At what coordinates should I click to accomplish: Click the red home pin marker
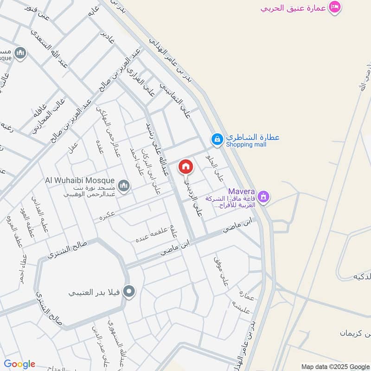pyautogui.click(x=185, y=167)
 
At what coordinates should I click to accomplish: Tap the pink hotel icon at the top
pyautogui.click(x=334, y=7)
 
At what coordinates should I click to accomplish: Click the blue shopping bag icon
pyautogui.click(x=217, y=138)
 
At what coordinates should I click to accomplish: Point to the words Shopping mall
pyautogui.click(x=246, y=145)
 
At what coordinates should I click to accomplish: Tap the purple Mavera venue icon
pyautogui.click(x=263, y=197)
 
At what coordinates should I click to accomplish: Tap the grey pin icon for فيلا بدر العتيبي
pyautogui.click(x=130, y=292)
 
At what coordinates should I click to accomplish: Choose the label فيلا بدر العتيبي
pyautogui.click(x=95, y=293)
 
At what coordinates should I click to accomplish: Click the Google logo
pyautogui.click(x=19, y=364)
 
